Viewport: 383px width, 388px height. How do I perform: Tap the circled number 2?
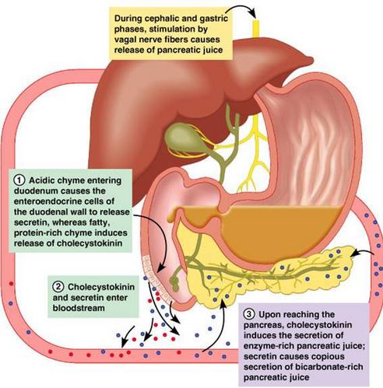[58, 287]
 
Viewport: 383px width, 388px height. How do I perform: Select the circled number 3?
[249, 314]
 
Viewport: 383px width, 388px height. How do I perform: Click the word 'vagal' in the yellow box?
[127, 40]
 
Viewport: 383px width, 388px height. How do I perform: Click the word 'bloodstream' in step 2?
[79, 308]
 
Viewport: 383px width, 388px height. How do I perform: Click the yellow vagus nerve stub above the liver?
[255, 30]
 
